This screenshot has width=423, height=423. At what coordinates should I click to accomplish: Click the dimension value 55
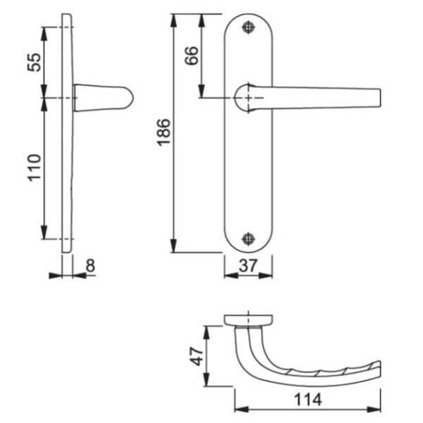coord(35,63)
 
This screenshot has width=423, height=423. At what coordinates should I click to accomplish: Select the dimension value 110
coord(35,168)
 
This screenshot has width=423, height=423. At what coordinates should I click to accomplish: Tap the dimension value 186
coord(164,133)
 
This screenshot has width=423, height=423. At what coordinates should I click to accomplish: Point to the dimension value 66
coord(192,56)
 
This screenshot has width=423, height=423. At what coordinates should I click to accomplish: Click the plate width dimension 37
coord(248,266)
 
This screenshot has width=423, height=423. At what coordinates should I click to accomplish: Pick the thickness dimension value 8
coord(90,266)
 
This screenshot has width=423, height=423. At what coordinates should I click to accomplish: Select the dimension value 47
coord(197,357)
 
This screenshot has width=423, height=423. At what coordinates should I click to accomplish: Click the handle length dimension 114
coord(308,400)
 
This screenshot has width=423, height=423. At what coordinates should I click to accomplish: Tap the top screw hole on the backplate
coord(248,27)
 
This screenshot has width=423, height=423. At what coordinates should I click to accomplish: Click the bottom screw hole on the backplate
coord(248,238)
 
